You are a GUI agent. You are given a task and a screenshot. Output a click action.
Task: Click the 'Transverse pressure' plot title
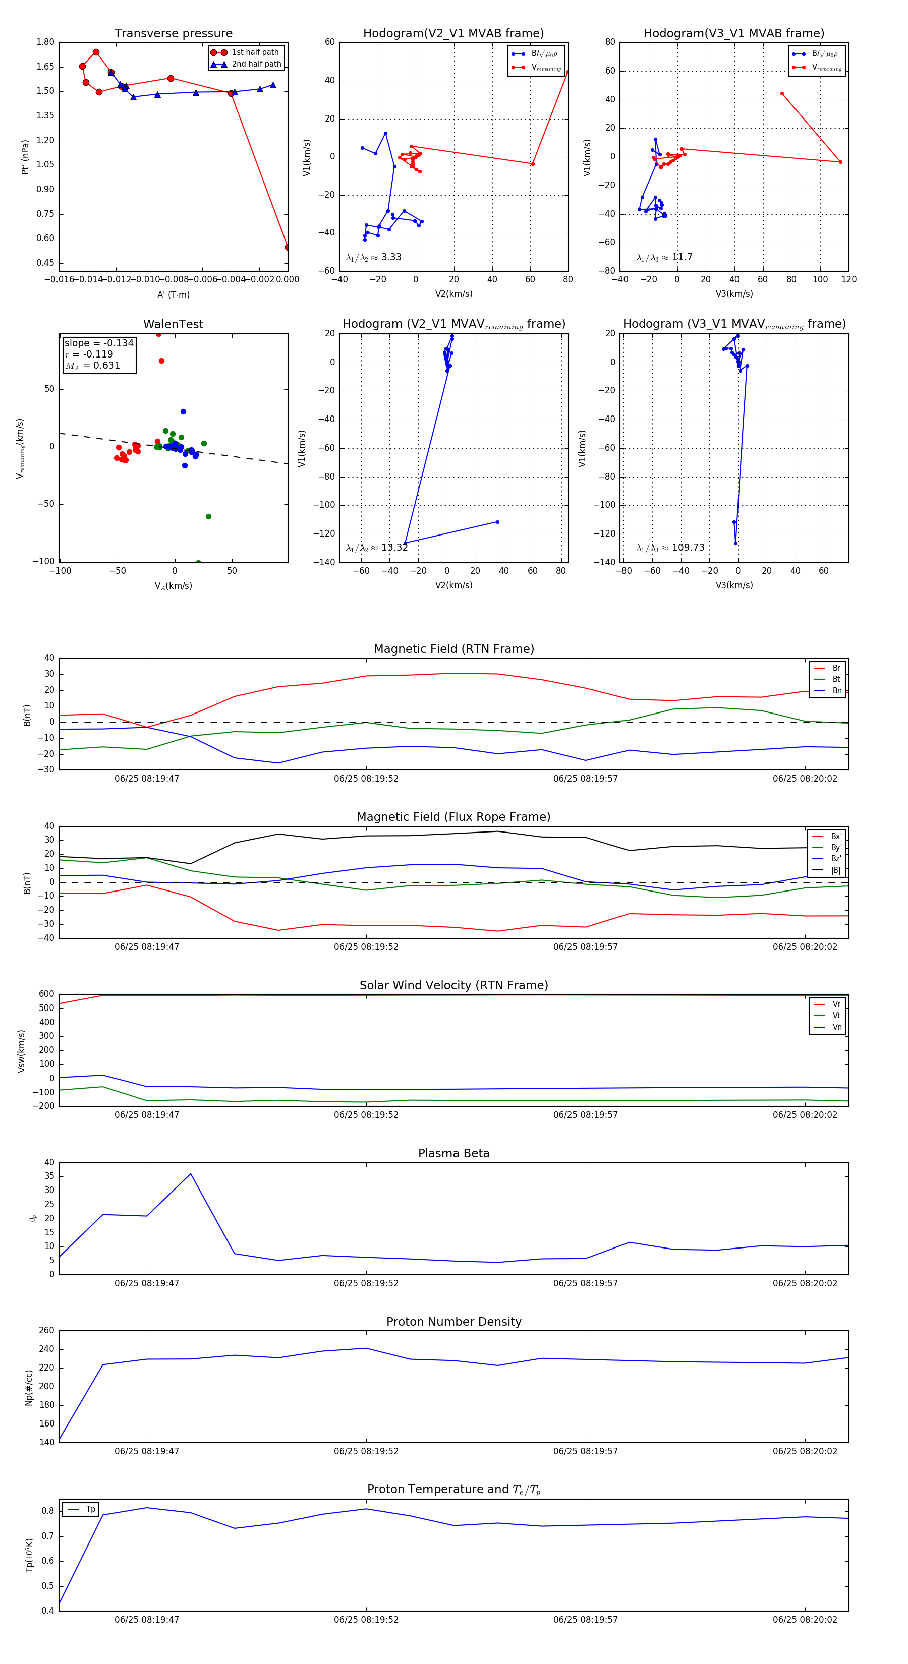pos(173,34)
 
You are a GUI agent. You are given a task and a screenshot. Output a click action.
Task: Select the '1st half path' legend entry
pos(255,52)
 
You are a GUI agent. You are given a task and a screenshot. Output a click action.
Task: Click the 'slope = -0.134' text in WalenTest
pos(99,343)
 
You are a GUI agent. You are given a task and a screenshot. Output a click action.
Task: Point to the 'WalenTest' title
pos(173,324)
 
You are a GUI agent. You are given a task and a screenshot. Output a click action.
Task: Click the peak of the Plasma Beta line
pos(191,1174)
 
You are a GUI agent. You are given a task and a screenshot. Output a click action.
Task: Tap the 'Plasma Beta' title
pos(453,1153)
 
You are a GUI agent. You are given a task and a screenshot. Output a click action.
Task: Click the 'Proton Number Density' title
pos(453,1322)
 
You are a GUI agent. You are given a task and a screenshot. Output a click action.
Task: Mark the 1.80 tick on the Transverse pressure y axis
pos(45,42)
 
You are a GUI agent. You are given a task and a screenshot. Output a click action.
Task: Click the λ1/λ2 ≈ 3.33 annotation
pos(373,257)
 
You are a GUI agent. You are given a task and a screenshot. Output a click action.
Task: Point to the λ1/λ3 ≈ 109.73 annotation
pos(670,548)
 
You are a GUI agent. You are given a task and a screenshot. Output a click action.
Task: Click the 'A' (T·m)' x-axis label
pos(173,295)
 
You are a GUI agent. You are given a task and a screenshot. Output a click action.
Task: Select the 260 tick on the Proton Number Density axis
pos(46,1331)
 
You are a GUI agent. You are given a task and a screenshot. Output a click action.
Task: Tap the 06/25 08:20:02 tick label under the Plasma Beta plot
pos(805,1283)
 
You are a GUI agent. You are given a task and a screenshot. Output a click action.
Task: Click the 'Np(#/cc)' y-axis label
pos(28,1388)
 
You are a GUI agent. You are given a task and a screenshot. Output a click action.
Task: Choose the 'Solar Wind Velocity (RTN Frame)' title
pos(453,985)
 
